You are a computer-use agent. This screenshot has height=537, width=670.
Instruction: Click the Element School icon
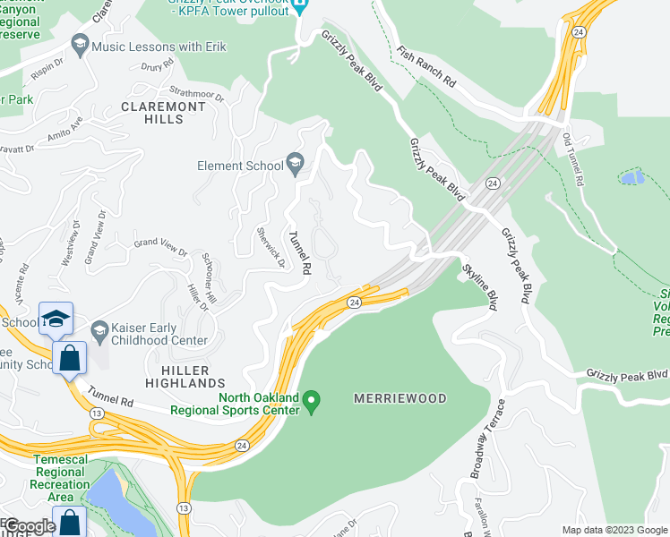pos(295,164)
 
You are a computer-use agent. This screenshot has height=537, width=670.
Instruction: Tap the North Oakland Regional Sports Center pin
pos(312,402)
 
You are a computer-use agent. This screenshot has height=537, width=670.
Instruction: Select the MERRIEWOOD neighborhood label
pos(399,397)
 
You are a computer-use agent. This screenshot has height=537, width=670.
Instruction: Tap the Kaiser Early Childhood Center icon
pos(99,331)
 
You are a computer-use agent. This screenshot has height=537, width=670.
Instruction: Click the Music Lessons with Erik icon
pos(82,47)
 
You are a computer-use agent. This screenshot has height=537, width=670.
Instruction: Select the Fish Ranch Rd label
pos(426,68)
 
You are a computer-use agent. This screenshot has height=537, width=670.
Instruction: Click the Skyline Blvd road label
pos(479,287)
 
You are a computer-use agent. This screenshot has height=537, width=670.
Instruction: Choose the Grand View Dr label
pos(160,243)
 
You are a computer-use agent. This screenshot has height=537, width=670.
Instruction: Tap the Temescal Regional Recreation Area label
pos(61,478)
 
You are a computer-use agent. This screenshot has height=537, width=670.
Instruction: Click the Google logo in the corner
pos(30,526)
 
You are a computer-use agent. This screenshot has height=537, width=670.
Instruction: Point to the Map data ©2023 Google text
pos(614,530)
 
